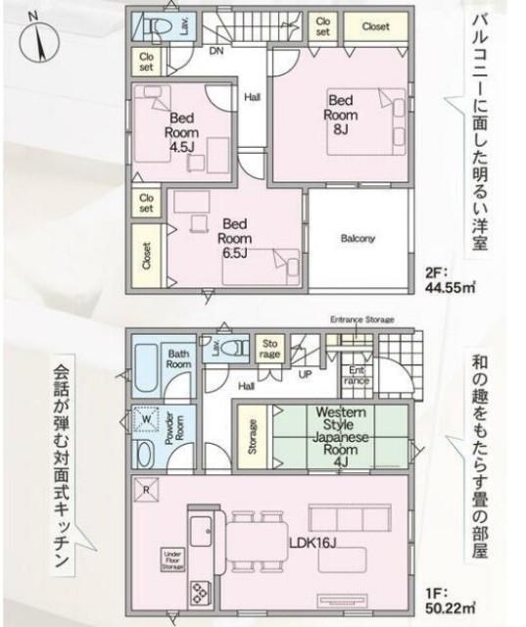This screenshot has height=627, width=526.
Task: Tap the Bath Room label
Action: [178, 359]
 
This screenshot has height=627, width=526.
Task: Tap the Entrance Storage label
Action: [360, 319]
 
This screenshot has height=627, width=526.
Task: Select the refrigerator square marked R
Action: [146, 491]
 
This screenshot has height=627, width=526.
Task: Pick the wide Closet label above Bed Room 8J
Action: [375, 26]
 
